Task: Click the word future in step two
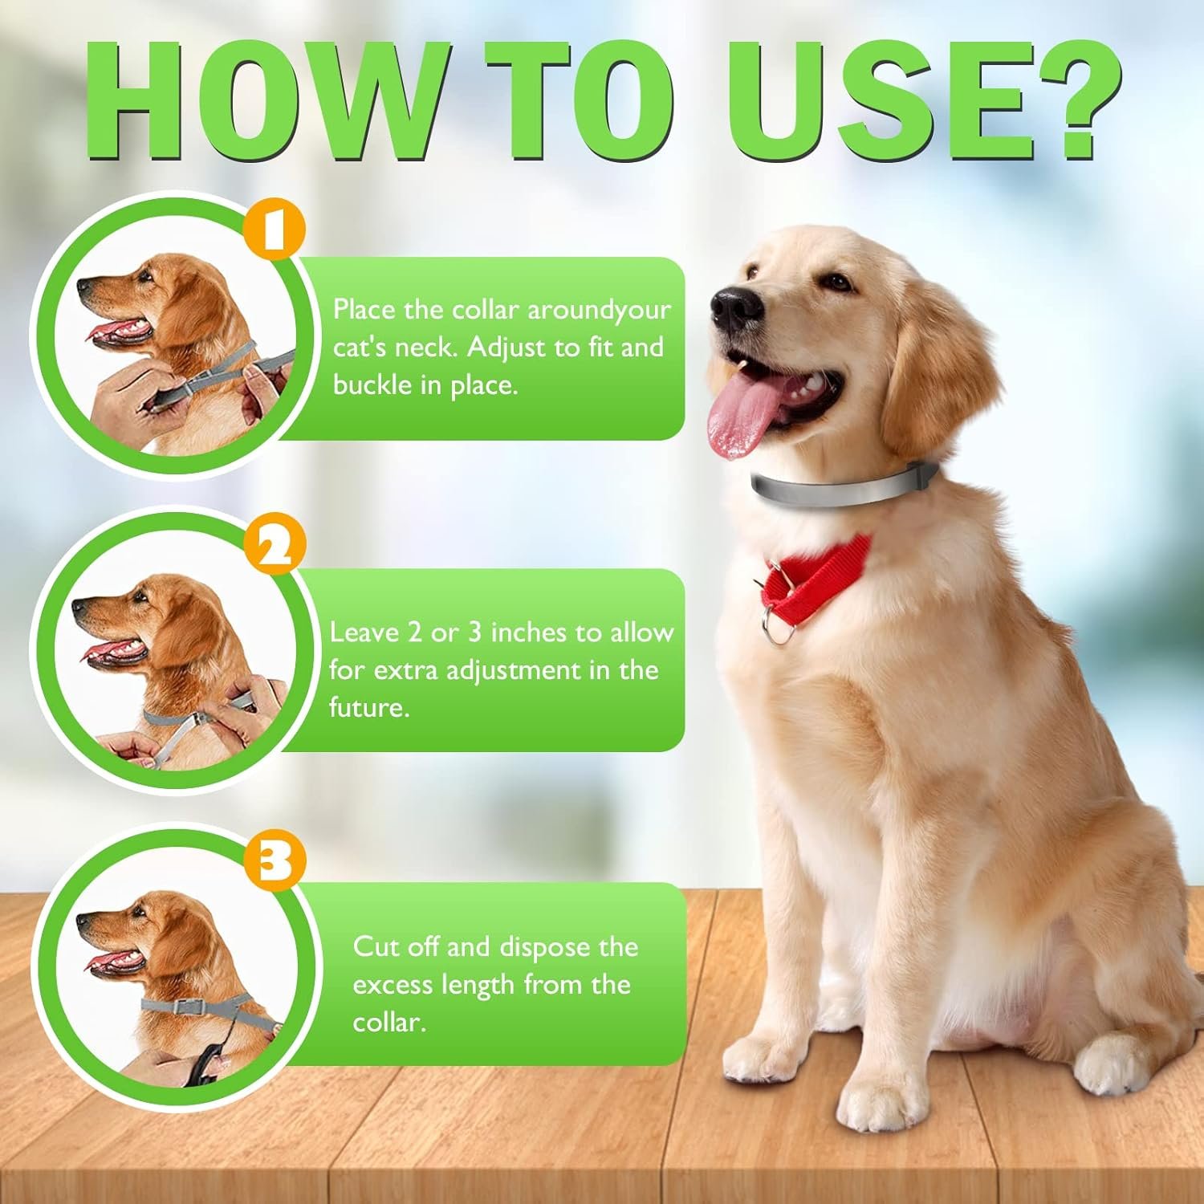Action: [x=367, y=708]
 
